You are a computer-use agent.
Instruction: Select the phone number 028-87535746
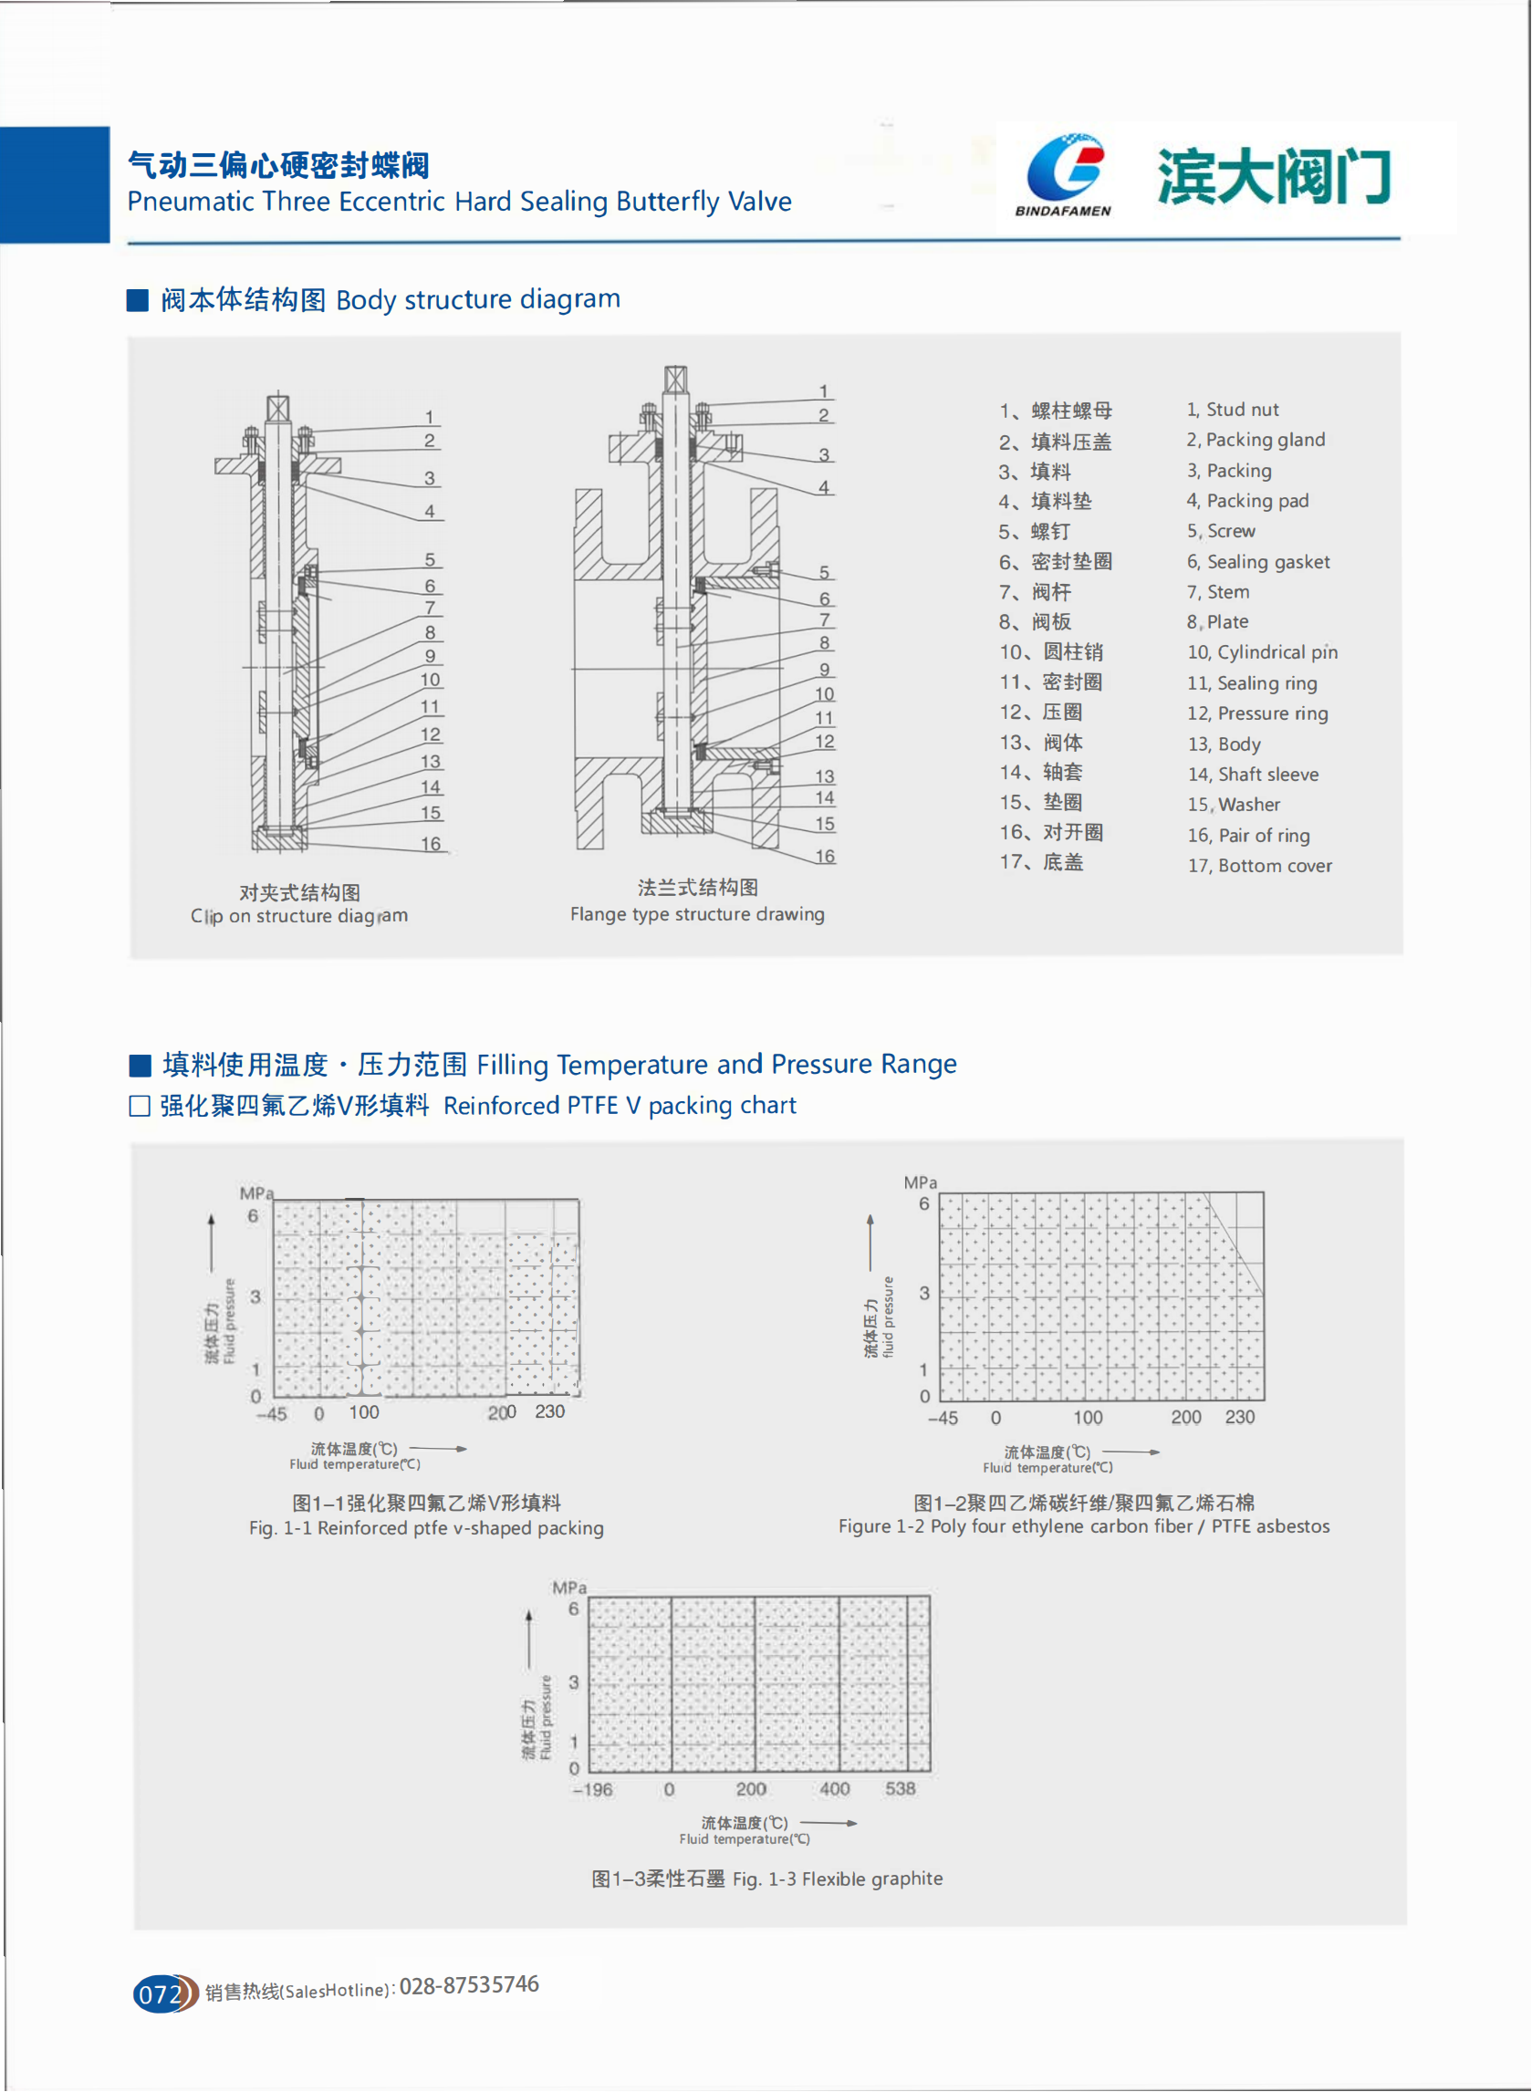tap(468, 1984)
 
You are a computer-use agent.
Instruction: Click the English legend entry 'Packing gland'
tap(1265, 440)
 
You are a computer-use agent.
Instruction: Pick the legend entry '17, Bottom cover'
tap(1259, 865)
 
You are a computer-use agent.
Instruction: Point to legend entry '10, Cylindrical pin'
tap(1262, 652)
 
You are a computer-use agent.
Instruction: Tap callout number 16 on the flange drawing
tap(825, 856)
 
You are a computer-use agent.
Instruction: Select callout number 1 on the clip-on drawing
tap(430, 417)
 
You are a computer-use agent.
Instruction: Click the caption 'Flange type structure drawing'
tap(696, 914)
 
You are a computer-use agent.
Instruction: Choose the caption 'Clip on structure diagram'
tap(298, 916)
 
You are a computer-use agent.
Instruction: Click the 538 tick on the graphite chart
tap(900, 1789)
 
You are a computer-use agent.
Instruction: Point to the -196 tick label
tap(591, 1790)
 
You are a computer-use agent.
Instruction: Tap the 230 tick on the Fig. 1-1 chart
tap(549, 1411)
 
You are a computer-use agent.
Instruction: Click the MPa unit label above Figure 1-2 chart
tap(920, 1182)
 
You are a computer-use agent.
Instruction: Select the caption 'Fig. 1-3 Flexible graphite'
tap(838, 1879)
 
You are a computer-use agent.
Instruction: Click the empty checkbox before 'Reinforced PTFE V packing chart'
tap(139, 1106)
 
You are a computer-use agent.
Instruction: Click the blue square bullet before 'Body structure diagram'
tap(137, 299)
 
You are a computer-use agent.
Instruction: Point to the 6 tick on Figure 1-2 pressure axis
tap(923, 1203)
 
